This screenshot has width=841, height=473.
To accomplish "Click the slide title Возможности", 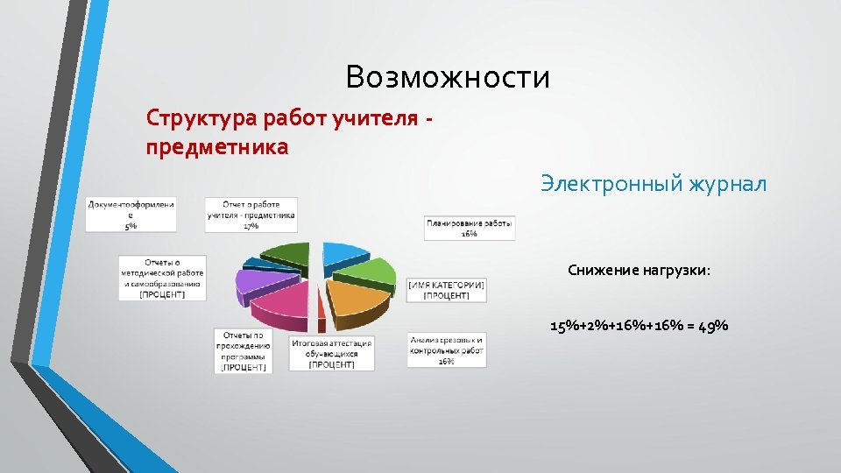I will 448,78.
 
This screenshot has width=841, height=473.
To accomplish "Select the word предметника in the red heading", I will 216,146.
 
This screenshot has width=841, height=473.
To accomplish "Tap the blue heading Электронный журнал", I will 653,184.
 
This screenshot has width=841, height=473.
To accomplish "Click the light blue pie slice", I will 343,253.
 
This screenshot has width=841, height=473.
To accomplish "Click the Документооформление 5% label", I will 131,215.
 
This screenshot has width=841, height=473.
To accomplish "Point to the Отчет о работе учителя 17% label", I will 251,215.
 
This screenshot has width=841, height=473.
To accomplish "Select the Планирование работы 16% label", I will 470,228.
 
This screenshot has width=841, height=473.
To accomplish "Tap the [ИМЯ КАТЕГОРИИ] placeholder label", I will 446,291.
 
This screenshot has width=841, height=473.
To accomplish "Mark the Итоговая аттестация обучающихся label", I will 332,354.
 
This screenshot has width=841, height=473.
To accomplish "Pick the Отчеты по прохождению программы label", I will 244,350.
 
